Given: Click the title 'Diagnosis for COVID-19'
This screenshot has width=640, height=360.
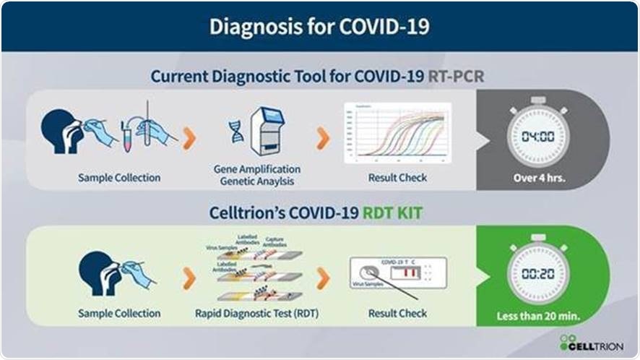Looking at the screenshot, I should point(319,26).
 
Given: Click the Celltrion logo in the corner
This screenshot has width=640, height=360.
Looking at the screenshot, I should point(592,342).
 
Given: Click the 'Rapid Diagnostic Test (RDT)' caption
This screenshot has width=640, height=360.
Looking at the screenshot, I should point(256,314).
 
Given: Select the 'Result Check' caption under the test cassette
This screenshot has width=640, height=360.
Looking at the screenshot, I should point(397,314).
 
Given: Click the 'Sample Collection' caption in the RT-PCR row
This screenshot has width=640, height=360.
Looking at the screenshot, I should point(119,177).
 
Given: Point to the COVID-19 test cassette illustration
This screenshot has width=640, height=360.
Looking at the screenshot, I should point(397,273).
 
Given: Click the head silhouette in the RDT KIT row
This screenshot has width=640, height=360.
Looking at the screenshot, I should point(94,271).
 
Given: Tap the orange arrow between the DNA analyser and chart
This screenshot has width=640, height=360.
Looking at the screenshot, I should point(322,137).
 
